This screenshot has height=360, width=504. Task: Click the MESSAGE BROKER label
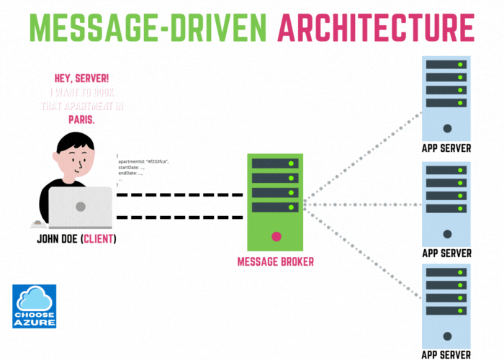click(x=276, y=261)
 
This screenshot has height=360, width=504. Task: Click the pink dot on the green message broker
click(x=276, y=236)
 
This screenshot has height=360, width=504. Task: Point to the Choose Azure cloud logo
click(x=35, y=306)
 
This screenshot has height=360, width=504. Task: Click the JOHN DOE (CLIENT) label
click(x=76, y=238)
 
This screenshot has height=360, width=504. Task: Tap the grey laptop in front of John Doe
click(x=80, y=207)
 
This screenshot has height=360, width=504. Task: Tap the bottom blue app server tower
click(x=446, y=305)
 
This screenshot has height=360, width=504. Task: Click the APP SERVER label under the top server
click(x=446, y=149)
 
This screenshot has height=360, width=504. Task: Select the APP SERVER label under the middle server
click(x=446, y=253)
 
